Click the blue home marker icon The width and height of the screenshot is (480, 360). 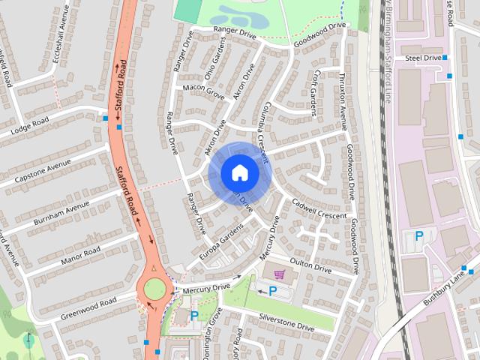click(x=239, y=172)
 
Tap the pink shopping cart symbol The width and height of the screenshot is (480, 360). click(x=280, y=274)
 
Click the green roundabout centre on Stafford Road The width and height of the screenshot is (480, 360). click(x=155, y=287)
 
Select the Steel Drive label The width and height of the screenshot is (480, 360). click(x=422, y=57)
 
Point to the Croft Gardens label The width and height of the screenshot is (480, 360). click(x=315, y=94)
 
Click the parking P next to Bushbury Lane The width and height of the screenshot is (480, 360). click(x=419, y=236)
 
